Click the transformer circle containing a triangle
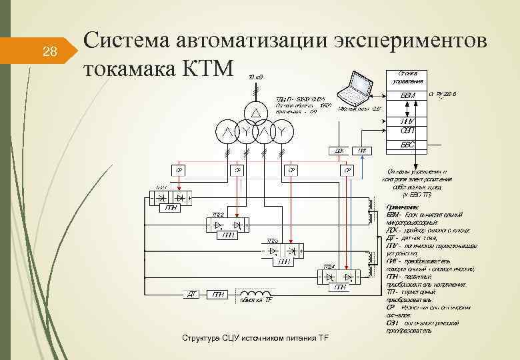click(254, 111)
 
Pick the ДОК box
click(339, 151)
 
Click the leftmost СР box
click(178, 171)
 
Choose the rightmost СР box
click(347, 171)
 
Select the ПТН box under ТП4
click(340, 287)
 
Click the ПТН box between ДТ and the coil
click(218, 294)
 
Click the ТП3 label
click(273, 240)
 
